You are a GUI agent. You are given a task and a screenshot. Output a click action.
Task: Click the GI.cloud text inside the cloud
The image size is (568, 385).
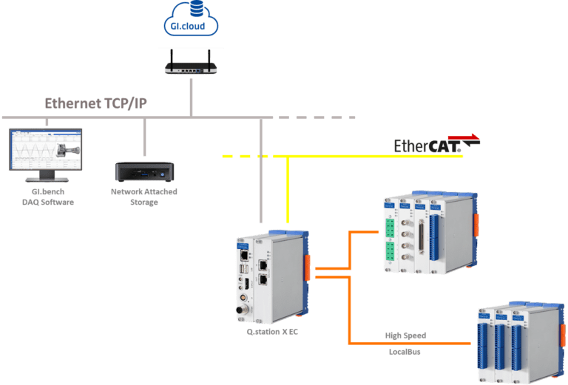192,27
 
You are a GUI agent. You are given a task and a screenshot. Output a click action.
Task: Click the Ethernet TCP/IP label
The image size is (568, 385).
96,103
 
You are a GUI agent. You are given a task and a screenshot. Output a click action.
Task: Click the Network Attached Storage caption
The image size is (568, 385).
144,197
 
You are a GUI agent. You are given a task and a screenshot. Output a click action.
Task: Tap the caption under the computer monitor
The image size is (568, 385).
46,197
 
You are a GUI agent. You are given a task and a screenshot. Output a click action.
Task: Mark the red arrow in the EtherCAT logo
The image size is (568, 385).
464,138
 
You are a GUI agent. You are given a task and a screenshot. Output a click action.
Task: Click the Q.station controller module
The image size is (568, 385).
270,277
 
